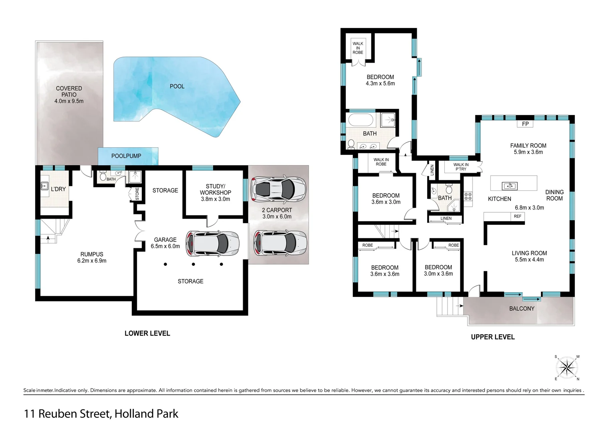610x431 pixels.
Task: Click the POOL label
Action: pyautogui.click(x=177, y=86)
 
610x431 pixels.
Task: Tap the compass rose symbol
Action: pyautogui.click(x=566, y=368)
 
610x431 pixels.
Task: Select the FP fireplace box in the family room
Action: pyautogui.click(x=525, y=124)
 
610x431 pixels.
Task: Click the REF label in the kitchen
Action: pyautogui.click(x=517, y=216)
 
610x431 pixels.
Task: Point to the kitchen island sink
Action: pyautogui.click(x=509, y=186)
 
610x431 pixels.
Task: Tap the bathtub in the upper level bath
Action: pyautogui.click(x=360, y=120)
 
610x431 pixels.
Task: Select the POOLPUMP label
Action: pyautogui.click(x=126, y=156)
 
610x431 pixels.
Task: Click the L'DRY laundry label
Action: pyautogui.click(x=58, y=189)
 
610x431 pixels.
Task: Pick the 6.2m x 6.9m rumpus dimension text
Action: pyautogui.click(x=92, y=261)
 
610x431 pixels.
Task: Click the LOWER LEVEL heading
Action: pyautogui.click(x=147, y=333)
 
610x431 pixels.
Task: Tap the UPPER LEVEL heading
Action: pyautogui.click(x=493, y=337)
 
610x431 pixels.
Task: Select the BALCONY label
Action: pyautogui.click(x=521, y=308)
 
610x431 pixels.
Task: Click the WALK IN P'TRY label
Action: pyautogui.click(x=461, y=167)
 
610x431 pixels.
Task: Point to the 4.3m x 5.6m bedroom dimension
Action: pyautogui.click(x=380, y=83)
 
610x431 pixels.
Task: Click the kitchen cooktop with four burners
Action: pyautogui.click(x=468, y=196)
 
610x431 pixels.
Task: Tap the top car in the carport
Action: pyautogui.click(x=278, y=189)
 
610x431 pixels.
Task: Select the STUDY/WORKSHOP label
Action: pyautogui.click(x=215, y=189)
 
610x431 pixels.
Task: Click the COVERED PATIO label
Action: pyautogui.click(x=69, y=91)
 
